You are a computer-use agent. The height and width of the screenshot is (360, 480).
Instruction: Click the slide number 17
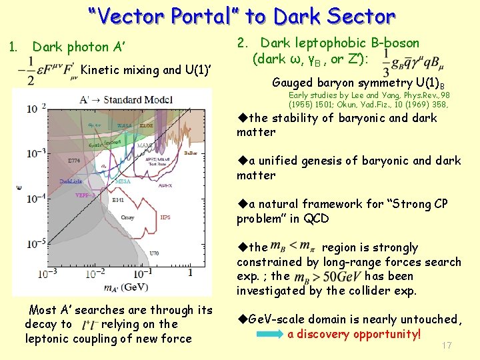(x=447, y=345)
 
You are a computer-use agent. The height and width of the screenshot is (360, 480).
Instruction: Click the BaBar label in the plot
(x=190, y=153)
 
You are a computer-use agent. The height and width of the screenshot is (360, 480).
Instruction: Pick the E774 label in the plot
(x=73, y=160)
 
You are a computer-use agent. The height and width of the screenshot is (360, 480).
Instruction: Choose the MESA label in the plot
(x=123, y=181)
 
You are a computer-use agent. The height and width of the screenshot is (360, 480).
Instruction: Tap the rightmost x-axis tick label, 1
(x=190, y=273)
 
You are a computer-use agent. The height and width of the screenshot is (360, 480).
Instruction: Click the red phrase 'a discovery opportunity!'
(x=354, y=334)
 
